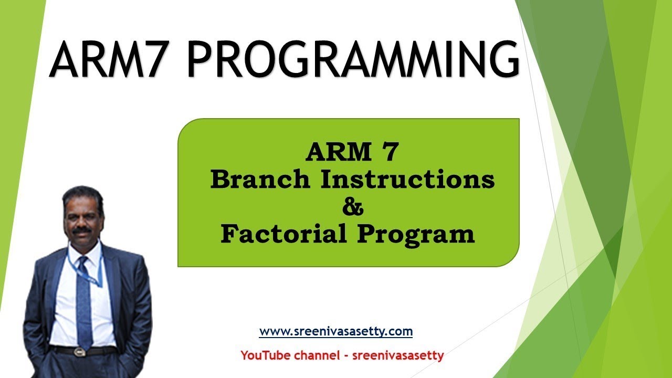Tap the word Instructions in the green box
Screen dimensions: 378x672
(x=407, y=180)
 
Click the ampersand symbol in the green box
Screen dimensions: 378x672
(x=352, y=207)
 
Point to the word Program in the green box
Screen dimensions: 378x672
(x=416, y=235)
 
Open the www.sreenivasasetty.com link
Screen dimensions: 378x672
(x=335, y=332)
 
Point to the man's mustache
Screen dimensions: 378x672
(x=81, y=230)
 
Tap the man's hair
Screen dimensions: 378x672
(x=82, y=194)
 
